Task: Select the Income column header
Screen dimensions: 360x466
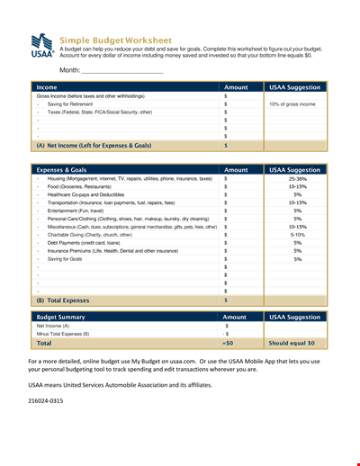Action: (x=46, y=87)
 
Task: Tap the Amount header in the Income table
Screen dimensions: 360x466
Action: (x=235, y=87)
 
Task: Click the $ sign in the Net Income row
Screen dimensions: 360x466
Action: (x=225, y=144)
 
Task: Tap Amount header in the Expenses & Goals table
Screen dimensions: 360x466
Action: (x=235, y=169)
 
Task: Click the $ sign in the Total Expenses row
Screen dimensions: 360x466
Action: (x=225, y=300)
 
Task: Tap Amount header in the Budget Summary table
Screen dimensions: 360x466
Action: (x=235, y=317)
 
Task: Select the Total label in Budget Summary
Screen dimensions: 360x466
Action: (x=44, y=344)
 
